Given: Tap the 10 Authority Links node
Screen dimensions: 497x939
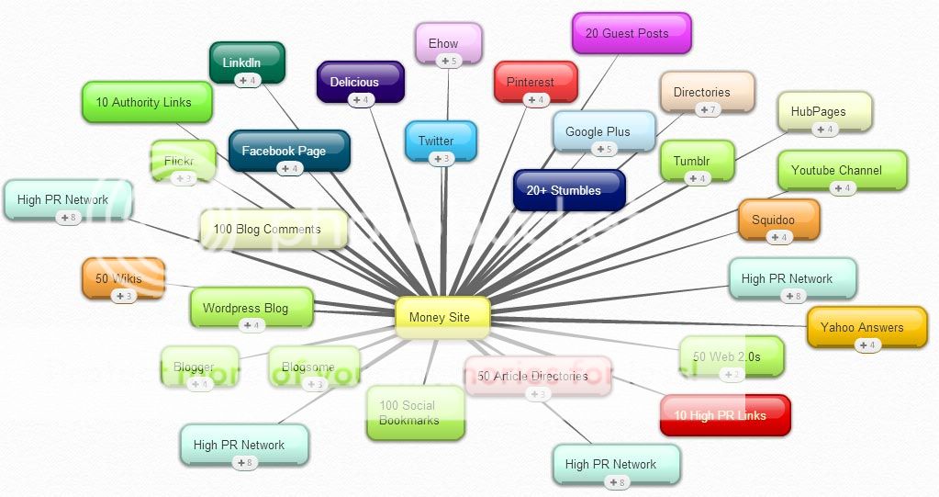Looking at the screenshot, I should pos(147,102).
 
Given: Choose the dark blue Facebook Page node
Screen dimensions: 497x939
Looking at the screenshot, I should pos(288,150).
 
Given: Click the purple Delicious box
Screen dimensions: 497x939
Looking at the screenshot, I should pos(360,81).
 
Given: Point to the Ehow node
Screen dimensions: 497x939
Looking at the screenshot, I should pos(448,42).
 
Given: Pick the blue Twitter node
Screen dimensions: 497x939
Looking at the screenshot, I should pos(441,140).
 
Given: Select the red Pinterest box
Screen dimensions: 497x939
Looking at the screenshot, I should pos(534,81).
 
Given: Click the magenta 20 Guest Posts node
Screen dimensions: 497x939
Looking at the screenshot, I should pos(631,33).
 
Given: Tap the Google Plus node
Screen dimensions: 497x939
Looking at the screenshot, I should pos(603,130).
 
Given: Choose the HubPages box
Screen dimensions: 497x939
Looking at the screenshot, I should pos(823,111).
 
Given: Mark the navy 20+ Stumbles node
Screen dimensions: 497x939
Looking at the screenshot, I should pos(569,190).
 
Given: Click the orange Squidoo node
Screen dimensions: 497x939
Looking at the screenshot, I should pos(778,220).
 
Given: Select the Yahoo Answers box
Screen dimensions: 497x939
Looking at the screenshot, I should pos(866,327).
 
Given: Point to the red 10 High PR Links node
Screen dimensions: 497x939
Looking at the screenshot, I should pos(724,415).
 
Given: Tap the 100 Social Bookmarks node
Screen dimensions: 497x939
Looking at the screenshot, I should pos(414,412).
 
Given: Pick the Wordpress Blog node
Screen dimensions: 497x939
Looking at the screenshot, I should pos(251,308).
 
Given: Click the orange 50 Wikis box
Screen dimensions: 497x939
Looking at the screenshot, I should pos(123,277).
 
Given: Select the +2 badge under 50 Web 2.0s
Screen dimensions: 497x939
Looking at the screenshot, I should pos(731,374).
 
